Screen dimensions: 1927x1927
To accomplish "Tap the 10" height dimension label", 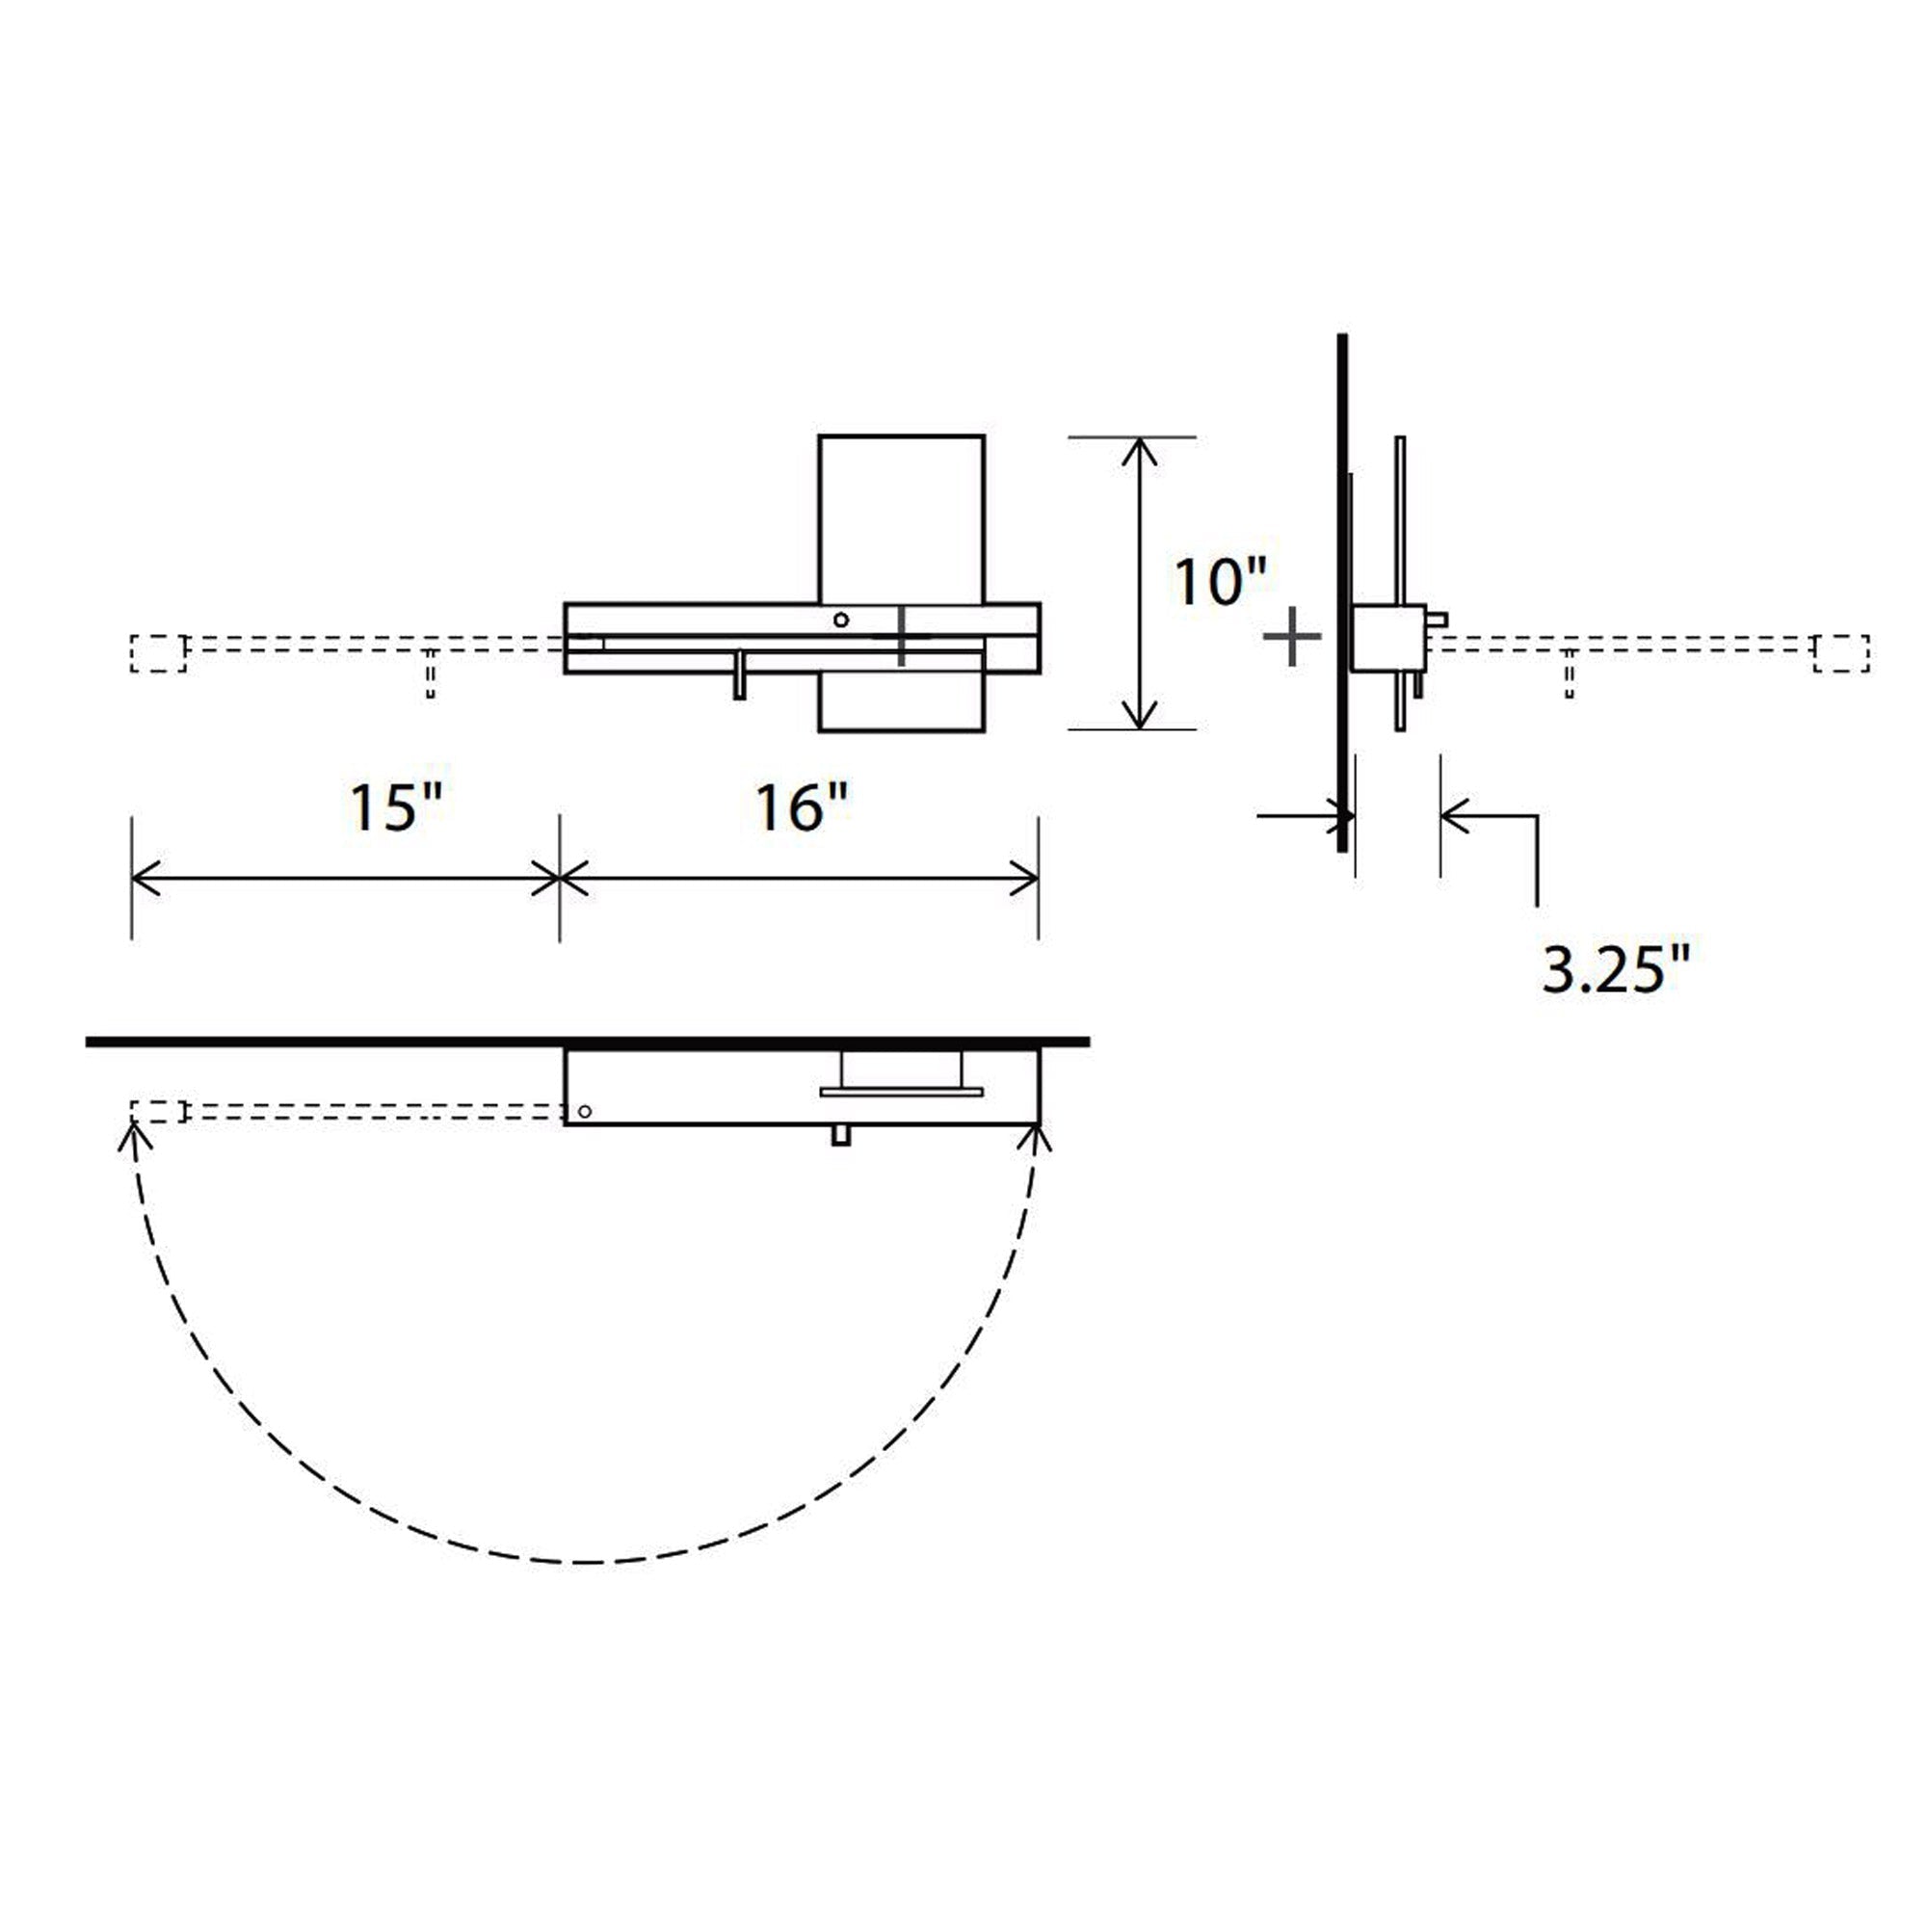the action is coord(1219,582).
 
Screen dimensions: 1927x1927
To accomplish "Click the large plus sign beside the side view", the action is coord(1292,635).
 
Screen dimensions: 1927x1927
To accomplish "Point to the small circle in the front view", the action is coord(841,620).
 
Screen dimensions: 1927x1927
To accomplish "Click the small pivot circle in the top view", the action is coord(585,1111).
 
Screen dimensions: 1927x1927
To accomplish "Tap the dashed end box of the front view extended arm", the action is coord(158,652).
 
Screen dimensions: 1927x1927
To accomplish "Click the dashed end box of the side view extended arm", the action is coord(1841,652).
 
